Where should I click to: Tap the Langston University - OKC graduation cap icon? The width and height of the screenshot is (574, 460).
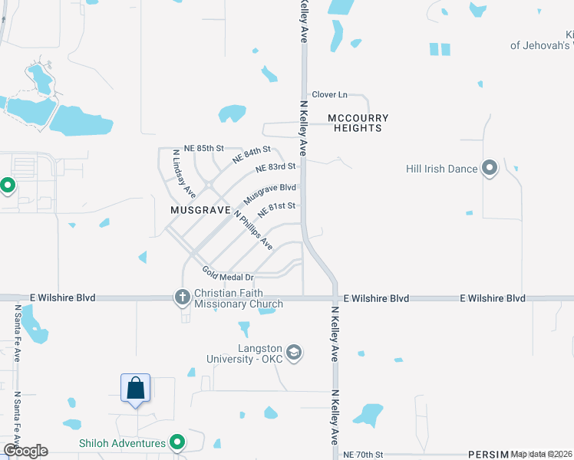(294, 353)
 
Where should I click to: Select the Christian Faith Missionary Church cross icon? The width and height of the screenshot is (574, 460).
(183, 296)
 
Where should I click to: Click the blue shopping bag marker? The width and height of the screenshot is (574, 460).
(136, 388)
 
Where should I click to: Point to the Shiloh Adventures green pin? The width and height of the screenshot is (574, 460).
(178, 442)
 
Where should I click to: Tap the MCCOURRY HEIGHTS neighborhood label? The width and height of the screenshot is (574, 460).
(358, 123)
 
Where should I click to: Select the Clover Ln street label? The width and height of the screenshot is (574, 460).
(329, 95)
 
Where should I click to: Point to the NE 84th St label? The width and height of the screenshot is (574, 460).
(252, 155)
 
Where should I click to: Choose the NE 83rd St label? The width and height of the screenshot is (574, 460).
(275, 167)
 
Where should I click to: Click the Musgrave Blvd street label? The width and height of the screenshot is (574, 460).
(269, 192)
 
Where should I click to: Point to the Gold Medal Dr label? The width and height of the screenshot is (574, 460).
(228, 274)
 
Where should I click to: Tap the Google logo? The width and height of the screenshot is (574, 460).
(25, 451)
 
